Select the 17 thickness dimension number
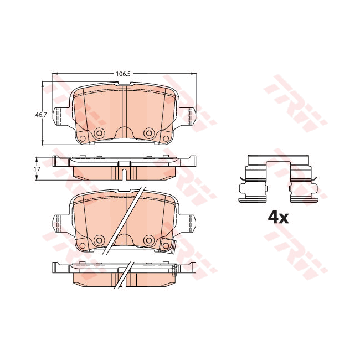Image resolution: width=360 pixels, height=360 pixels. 37,168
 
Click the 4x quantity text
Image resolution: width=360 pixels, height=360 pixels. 278,217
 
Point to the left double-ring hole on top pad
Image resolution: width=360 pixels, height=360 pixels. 100,133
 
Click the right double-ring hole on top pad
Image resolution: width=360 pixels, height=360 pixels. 148,133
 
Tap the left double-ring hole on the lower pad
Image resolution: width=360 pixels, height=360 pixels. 100,240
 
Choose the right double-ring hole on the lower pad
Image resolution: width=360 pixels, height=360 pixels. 148,240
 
